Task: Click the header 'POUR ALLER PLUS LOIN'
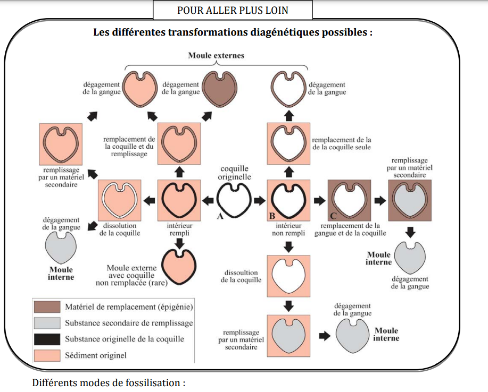coord(233,11)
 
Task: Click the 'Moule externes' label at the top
coord(216,56)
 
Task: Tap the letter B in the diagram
coord(271,216)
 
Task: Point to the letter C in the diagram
coord(334,216)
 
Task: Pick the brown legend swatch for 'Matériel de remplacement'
coord(47,306)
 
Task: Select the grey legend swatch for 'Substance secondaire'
coord(47,322)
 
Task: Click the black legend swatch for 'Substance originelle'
coord(47,338)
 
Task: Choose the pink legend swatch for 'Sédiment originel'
coord(47,354)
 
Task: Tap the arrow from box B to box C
coord(319,201)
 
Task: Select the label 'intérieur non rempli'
coord(288,229)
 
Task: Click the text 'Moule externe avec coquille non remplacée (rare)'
coord(137,275)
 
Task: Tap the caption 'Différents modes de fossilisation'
coord(109,382)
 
